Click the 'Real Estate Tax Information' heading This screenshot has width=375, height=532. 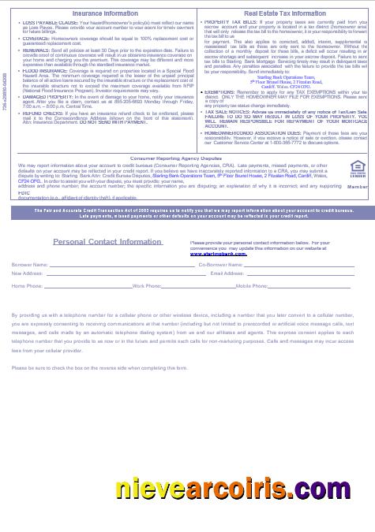(284, 14)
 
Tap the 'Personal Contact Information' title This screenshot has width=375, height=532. (107, 242)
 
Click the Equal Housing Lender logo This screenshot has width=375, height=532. (357, 168)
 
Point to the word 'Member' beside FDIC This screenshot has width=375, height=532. (357, 186)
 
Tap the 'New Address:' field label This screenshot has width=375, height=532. (28, 273)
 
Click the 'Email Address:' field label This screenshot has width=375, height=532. (227, 273)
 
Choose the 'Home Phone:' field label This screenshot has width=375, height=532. (28, 285)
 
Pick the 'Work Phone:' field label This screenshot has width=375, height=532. (147, 285)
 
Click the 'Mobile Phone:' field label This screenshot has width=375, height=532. (252, 285)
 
